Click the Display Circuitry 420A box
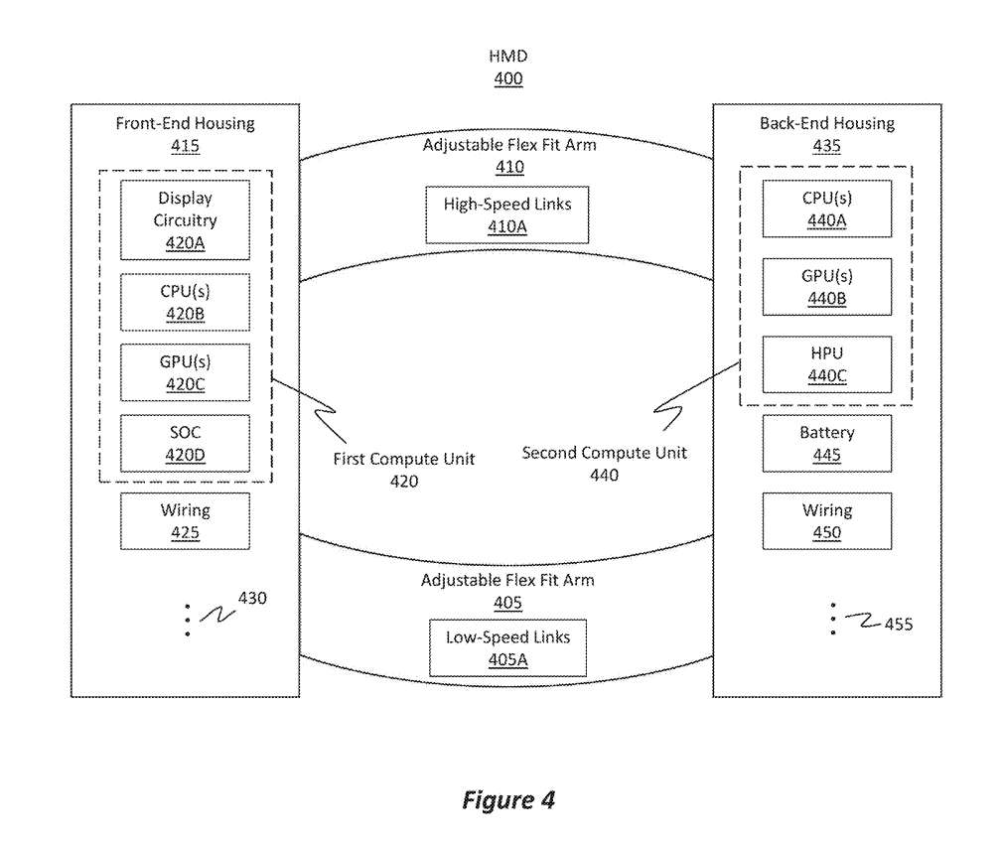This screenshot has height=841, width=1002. coord(185,219)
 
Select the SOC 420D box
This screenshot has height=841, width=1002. coord(185,444)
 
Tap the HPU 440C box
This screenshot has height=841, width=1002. coord(826,364)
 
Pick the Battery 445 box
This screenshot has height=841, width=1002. coord(826,444)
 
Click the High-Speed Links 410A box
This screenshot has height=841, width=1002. coord(507,214)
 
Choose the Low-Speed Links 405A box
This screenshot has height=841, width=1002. coord(507,647)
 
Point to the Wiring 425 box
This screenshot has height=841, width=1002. coord(185,521)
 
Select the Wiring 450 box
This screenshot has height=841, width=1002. coord(826,521)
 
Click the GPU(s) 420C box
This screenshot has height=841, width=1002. coord(185,372)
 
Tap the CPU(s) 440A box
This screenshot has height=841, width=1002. coord(826,209)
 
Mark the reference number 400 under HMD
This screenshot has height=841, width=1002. coord(507,78)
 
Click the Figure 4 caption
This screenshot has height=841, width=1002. coord(507,800)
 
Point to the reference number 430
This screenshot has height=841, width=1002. coord(252,599)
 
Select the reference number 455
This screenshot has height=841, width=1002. coord(898,625)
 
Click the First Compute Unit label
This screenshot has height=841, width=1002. coord(403,460)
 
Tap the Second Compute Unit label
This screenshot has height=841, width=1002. coord(604,454)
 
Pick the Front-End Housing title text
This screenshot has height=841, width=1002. coord(185,124)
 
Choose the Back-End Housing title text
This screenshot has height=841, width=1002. coord(826,124)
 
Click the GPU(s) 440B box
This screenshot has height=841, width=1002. coord(826,287)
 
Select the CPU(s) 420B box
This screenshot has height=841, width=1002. coord(185,302)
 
